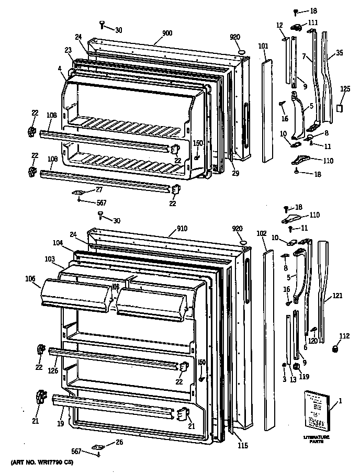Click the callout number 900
[167, 33]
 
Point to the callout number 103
[50, 259]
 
